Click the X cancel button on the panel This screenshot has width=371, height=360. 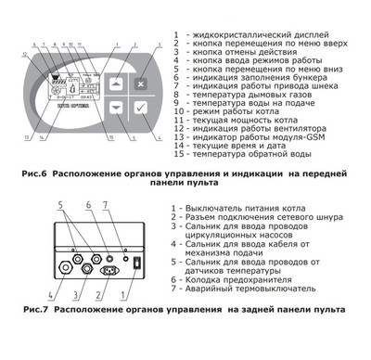coord(142,84)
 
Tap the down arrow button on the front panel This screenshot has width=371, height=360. coord(115,109)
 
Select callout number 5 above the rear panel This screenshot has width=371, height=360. coord(63,203)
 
